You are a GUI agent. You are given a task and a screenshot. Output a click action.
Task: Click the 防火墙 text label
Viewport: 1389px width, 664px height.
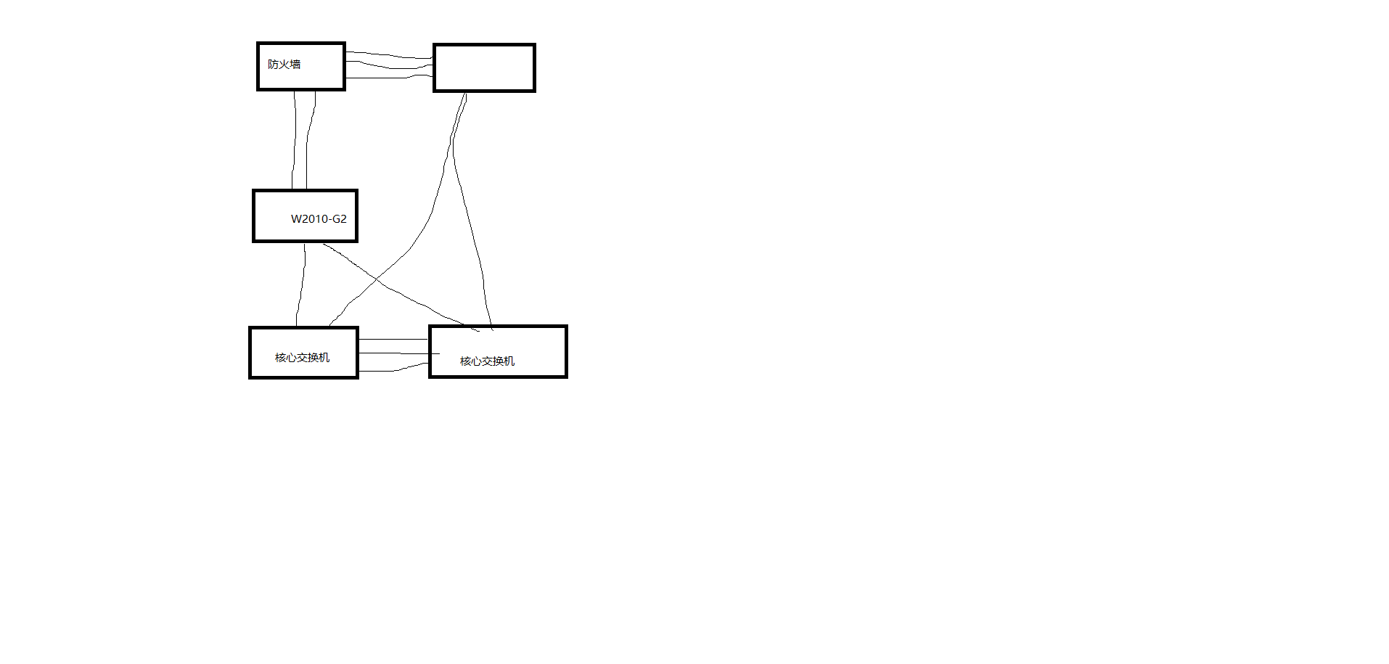[284, 65]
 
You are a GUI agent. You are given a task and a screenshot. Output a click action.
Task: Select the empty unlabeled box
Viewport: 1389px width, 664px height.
[484, 68]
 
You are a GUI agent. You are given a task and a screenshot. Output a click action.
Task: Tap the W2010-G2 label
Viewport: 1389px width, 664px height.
[319, 219]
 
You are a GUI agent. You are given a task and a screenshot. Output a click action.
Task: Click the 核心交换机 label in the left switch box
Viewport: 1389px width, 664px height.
[302, 358]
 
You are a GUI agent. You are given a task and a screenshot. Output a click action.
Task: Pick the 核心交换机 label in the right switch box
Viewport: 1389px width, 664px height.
[487, 361]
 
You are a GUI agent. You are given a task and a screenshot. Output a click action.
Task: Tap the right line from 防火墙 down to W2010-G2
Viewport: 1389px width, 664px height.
[307, 145]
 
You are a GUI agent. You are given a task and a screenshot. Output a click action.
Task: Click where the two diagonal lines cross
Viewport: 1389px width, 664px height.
[377, 279]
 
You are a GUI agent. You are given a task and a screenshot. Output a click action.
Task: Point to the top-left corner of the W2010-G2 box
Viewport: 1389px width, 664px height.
[254, 192]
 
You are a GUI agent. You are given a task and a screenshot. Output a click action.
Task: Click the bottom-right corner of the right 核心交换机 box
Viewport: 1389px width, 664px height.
[565, 376]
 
